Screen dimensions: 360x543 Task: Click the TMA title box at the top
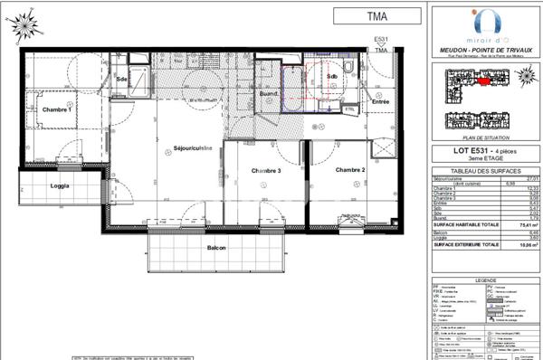(x=376, y=15)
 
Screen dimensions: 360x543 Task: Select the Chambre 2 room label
(x=350, y=169)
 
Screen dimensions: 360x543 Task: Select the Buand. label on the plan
(x=268, y=94)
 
